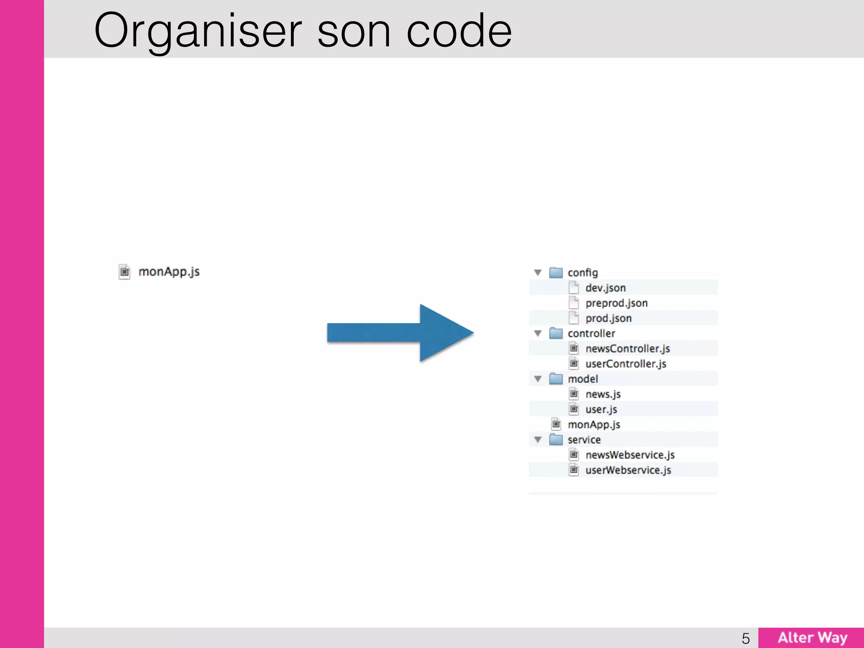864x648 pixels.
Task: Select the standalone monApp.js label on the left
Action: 169,272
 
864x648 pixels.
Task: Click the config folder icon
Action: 556,273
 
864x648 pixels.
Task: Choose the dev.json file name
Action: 605,288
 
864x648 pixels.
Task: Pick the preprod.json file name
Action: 616,303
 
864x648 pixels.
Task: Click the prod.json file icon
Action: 574,318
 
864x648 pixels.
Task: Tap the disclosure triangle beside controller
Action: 538,333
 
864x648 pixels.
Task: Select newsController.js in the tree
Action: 627,348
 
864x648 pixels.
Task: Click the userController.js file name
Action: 626,364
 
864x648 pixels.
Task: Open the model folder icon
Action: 556,379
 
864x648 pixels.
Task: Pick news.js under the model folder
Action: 603,394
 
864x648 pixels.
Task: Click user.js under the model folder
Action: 601,409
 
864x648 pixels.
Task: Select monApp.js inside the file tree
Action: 594,424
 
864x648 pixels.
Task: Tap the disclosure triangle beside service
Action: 538,440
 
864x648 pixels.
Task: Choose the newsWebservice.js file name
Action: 630,455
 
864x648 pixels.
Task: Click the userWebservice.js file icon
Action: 574,470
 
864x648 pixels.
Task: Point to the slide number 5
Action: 746,638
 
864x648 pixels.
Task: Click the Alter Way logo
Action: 812,637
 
